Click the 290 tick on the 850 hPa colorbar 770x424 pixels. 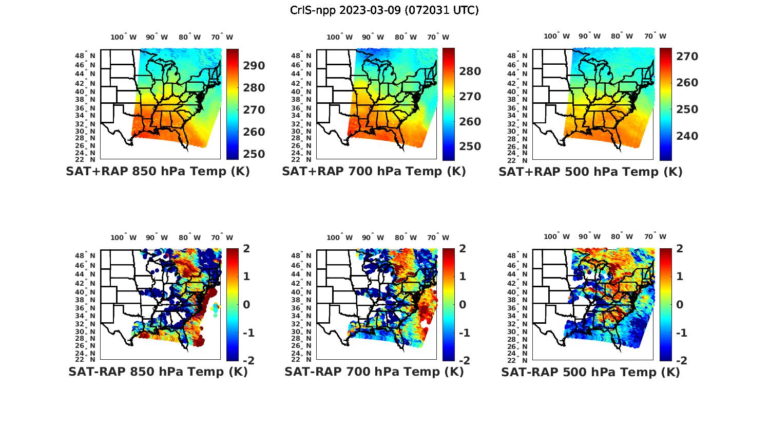[254, 66]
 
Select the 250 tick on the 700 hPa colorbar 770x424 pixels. [470, 146]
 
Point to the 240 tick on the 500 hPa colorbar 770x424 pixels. [687, 136]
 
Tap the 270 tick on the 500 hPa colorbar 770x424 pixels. [687, 57]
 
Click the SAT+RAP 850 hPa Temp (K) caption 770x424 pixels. [158, 172]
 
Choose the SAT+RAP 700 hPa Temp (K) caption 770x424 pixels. [374, 172]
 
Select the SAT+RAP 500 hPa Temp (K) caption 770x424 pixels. [590, 172]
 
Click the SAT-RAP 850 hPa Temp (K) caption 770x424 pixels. [158, 372]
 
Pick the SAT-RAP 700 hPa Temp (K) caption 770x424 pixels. [374, 372]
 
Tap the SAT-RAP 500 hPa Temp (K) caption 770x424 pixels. [590, 372]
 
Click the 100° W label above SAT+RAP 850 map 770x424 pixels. [123, 37]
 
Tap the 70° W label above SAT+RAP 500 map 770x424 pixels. [655, 36]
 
